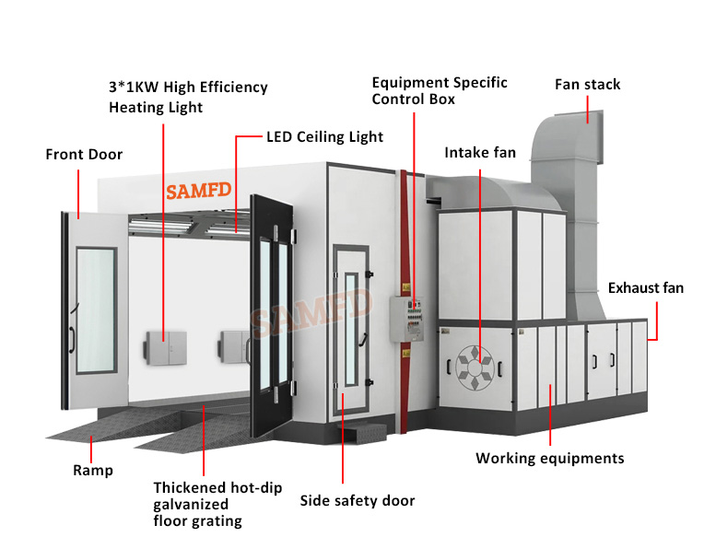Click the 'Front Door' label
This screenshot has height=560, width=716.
point(84,155)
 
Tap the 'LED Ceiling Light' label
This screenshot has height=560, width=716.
point(324,137)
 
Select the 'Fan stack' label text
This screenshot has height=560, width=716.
point(587,85)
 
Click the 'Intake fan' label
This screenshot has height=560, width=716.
point(480,152)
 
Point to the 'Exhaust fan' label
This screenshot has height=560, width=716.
point(645,288)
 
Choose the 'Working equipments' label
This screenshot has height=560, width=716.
point(549,458)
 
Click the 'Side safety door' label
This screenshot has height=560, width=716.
point(358,501)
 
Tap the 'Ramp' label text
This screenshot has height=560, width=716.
point(93,471)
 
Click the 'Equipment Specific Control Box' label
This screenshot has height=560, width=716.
point(439,90)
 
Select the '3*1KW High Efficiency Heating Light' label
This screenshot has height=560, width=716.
point(188,97)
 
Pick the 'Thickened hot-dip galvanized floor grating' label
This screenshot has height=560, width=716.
point(217,504)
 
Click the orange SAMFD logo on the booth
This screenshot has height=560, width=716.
point(197,191)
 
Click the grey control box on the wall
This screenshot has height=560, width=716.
point(405,318)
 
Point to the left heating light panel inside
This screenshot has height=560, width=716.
point(164,347)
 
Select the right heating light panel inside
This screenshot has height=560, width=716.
point(233,346)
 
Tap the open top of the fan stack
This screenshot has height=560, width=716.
point(581,118)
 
